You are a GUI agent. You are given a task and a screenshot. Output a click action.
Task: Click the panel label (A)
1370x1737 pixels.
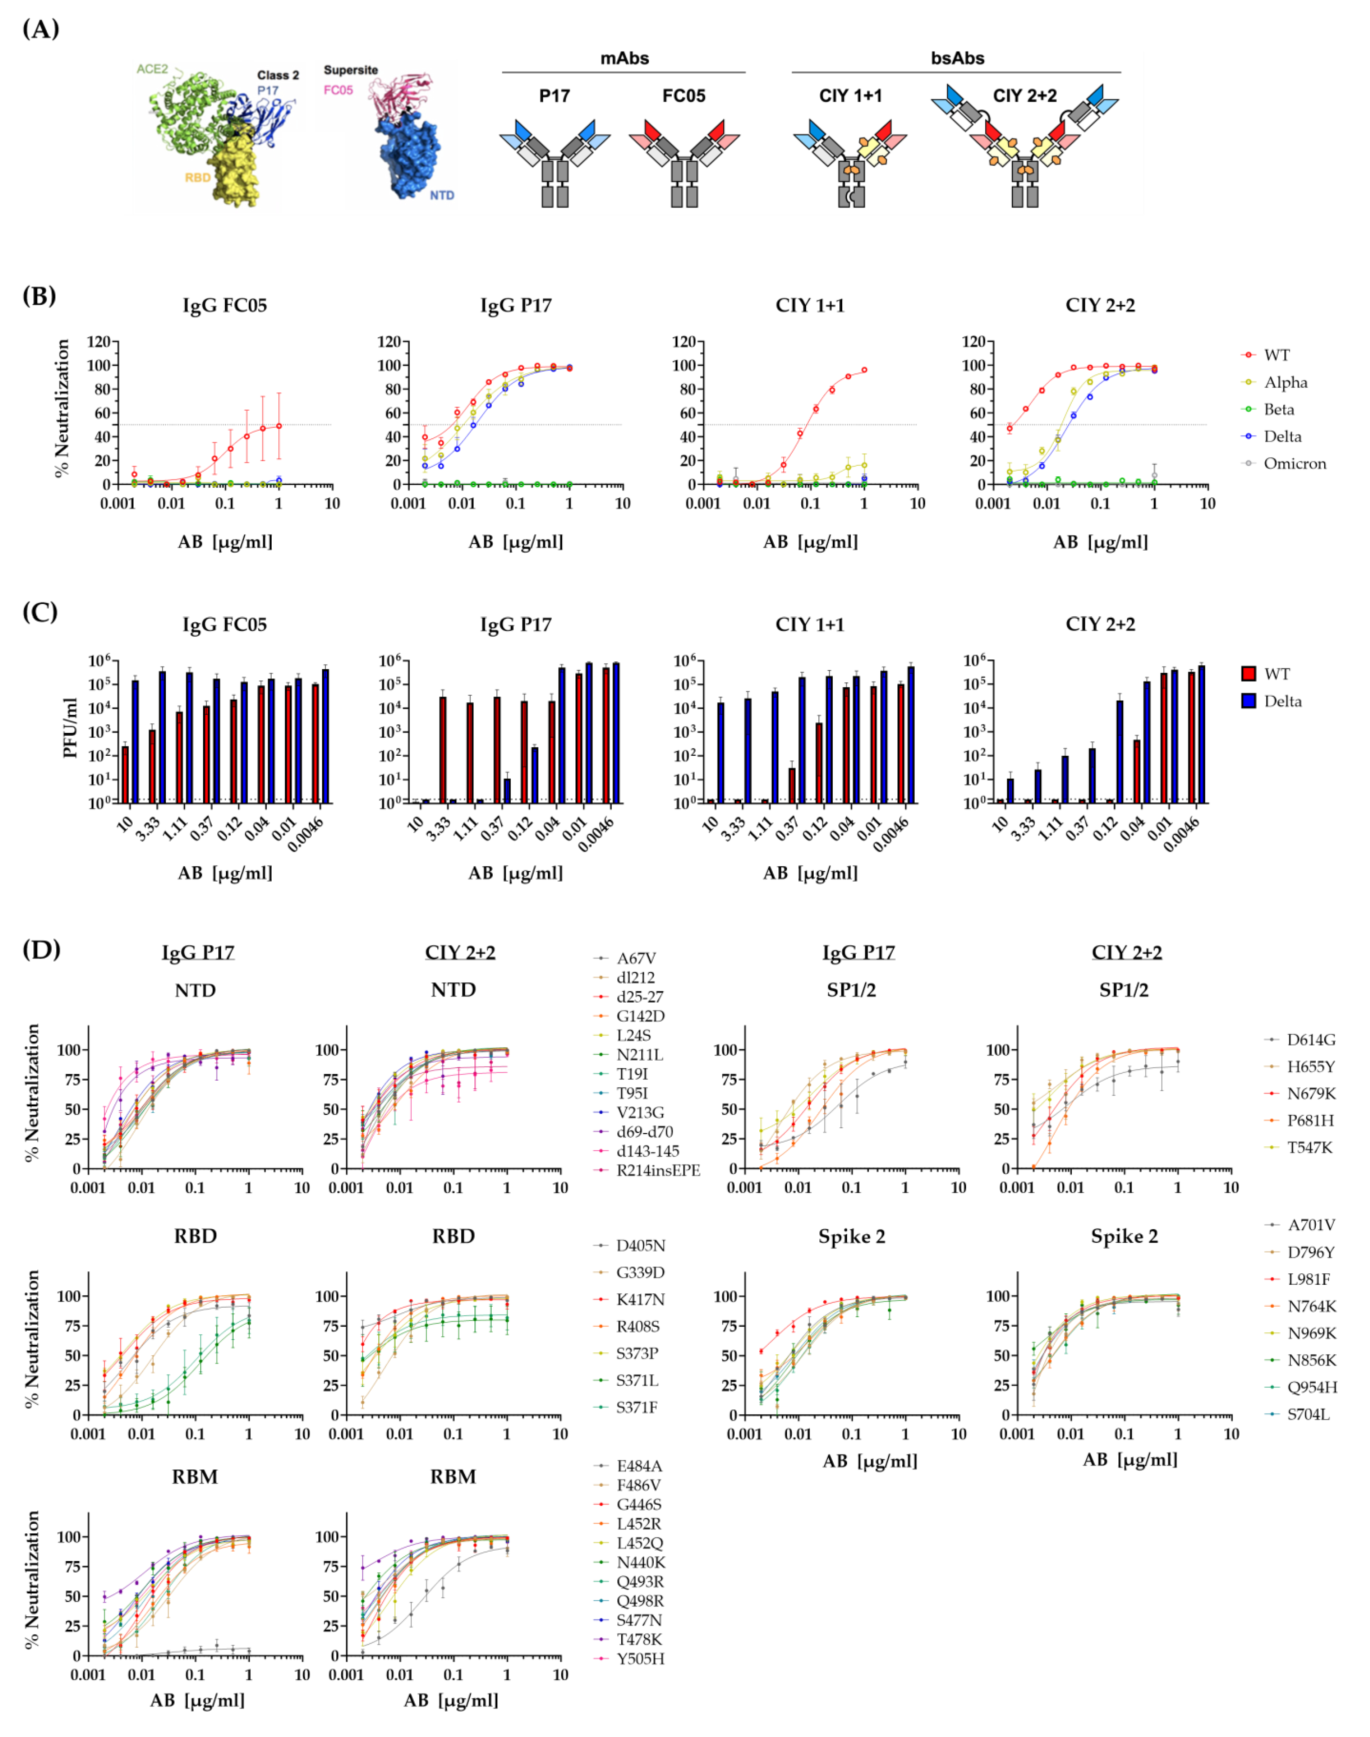(40, 30)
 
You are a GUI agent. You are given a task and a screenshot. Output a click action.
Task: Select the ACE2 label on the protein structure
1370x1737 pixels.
(152, 69)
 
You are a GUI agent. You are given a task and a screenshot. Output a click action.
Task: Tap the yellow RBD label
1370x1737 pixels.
(197, 177)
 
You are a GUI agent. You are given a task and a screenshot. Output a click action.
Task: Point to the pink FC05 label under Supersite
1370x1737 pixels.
(338, 90)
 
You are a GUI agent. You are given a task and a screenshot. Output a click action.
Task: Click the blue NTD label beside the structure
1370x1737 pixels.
(441, 195)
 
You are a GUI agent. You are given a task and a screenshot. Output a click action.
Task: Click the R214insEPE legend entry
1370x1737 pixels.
(658, 1170)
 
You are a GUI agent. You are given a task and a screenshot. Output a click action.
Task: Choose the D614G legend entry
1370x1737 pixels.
(1311, 1040)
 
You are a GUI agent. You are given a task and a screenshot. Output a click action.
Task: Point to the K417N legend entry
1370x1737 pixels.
(640, 1300)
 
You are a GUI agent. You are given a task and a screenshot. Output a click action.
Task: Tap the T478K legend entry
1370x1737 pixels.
(639, 1639)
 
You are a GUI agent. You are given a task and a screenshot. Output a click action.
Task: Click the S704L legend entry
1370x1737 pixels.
(1308, 1415)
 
